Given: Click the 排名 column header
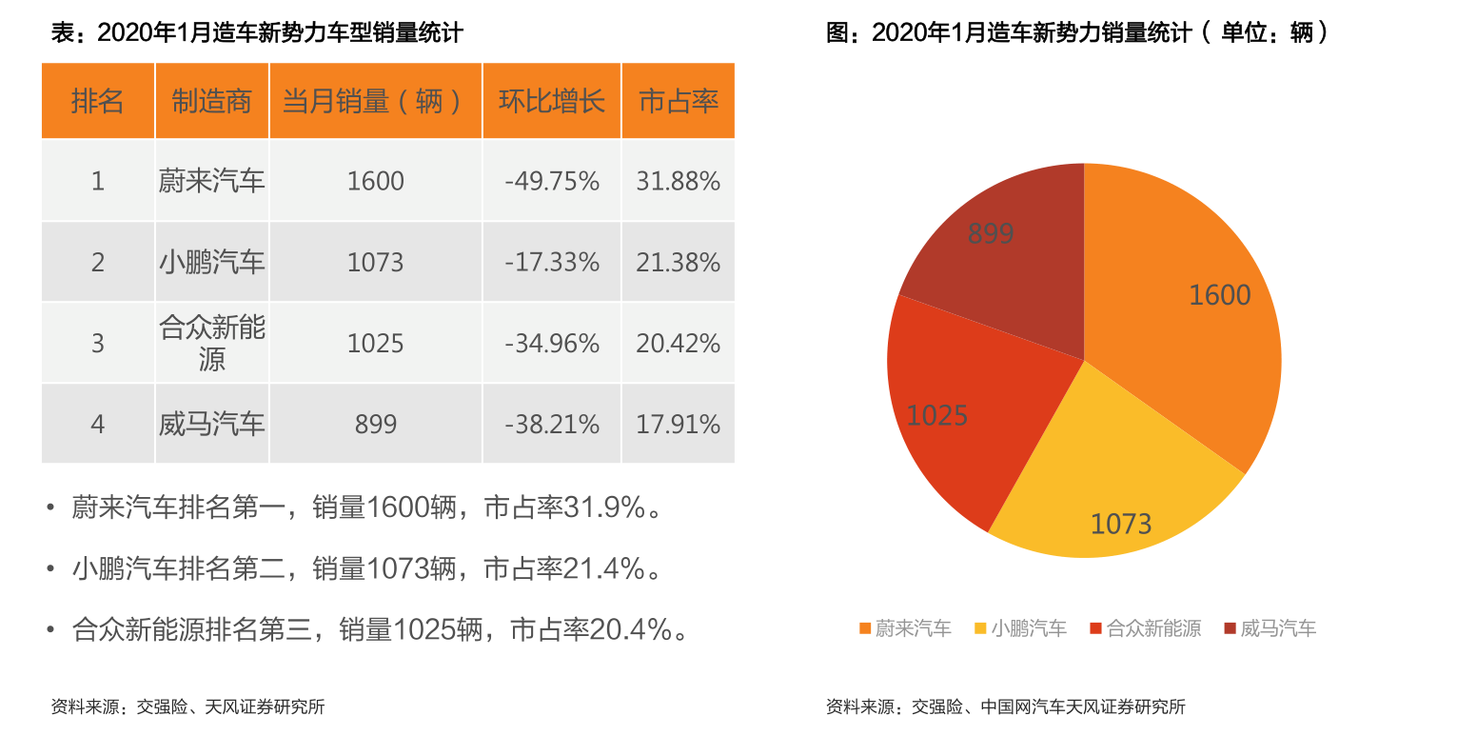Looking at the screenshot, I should click(97, 101).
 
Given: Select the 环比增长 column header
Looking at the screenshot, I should click(552, 101).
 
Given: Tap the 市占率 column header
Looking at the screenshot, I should click(678, 101).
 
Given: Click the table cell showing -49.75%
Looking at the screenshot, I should click(552, 181).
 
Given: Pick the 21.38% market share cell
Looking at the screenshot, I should click(678, 263).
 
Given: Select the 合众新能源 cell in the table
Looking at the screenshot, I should click(211, 344).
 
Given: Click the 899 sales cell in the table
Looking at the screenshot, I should click(376, 425).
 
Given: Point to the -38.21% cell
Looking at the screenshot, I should click(552, 425).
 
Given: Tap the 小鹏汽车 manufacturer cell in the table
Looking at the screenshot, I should click(211, 263).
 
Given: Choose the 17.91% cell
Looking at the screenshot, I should click(678, 425).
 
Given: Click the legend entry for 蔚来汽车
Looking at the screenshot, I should click(905, 628).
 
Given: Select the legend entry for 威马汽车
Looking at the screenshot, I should click(1270, 628).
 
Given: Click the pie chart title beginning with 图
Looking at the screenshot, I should click(1076, 33).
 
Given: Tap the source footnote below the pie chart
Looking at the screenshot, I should click(1005, 707).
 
